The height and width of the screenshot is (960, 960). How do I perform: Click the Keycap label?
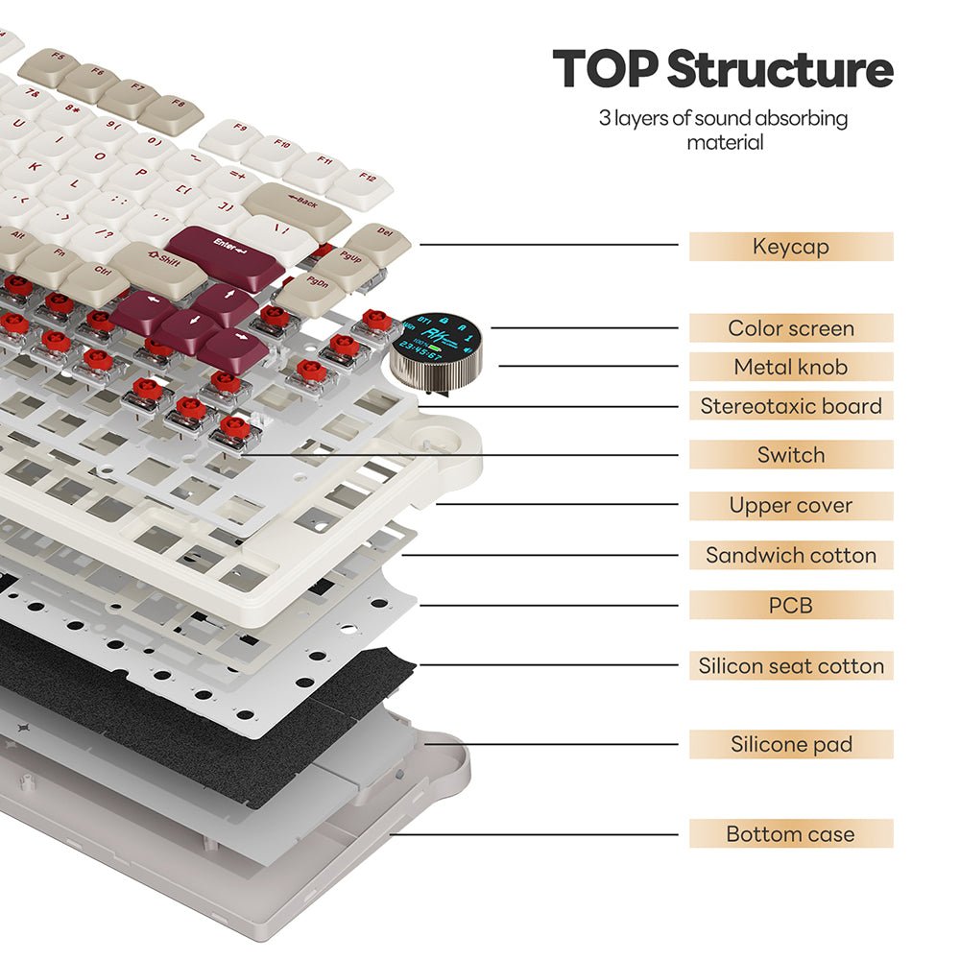click(791, 247)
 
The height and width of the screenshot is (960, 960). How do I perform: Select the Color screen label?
click(791, 328)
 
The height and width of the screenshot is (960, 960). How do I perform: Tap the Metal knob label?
click(791, 367)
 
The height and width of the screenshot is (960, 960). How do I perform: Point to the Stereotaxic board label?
click(791, 406)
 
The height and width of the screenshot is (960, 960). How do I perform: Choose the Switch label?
click(791, 455)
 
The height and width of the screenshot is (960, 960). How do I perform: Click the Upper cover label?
click(791, 505)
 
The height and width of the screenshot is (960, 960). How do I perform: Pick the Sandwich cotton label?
click(791, 555)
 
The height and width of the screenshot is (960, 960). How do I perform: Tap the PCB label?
click(791, 605)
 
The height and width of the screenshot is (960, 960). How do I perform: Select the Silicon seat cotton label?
click(791, 666)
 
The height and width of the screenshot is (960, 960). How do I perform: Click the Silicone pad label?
click(791, 744)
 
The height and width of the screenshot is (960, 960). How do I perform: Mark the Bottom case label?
click(791, 833)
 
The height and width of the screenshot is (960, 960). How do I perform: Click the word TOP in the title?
click(605, 69)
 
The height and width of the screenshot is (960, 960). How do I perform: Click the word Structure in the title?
click(780, 69)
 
